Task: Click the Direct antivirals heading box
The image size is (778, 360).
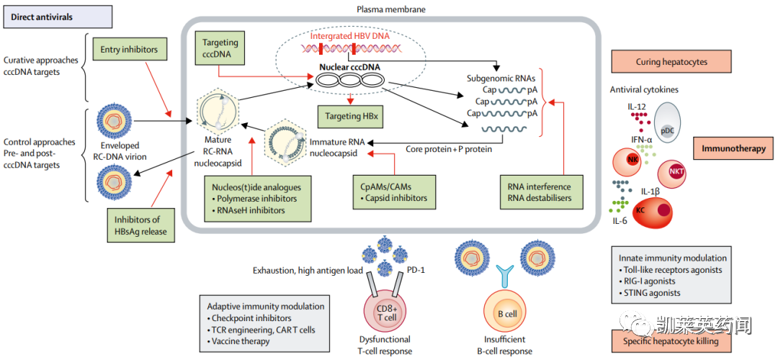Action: (56, 17)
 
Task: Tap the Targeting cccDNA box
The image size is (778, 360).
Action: (220, 48)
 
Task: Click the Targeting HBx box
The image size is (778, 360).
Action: (351, 115)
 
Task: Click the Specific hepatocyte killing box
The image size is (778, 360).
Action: (671, 342)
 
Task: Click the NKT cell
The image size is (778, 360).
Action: (676, 172)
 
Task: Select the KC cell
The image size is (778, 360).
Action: (648, 211)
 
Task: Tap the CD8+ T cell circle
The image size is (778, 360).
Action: (387, 315)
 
